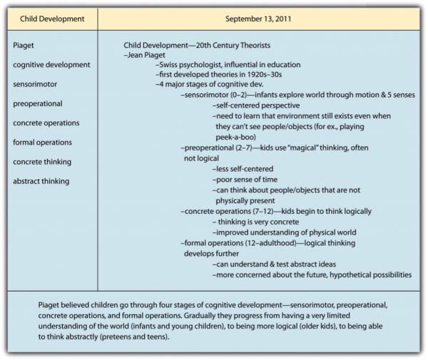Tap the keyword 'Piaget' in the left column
point(24,46)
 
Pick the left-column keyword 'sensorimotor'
point(38,84)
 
